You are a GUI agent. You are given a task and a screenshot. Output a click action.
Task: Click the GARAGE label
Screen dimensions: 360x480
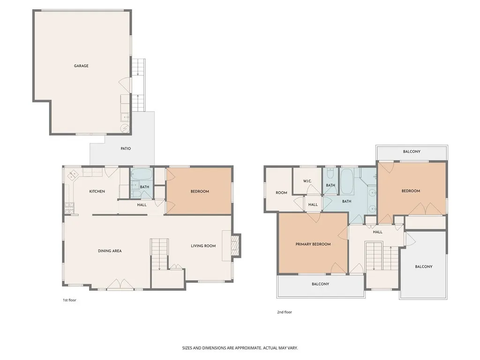pos(81,66)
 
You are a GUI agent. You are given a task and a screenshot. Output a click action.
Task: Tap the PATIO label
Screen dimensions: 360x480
pos(125,149)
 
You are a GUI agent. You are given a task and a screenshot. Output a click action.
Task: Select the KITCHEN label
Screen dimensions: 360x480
pos(97,191)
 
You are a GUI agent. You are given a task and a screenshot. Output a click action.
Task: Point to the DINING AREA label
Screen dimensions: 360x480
pos(110,251)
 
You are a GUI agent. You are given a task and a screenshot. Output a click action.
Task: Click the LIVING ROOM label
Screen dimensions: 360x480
pos(203,246)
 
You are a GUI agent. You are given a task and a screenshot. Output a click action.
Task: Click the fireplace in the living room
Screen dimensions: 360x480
pos(236,246)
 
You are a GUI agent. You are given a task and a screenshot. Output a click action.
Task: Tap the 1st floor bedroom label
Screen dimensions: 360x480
pos(200,191)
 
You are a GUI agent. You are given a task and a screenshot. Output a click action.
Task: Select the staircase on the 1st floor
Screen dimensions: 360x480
pos(159,254)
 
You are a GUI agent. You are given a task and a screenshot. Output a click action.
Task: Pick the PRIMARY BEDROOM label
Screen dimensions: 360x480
pos(313,244)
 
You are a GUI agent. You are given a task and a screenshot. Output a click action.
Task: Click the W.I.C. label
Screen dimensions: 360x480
pos(307,181)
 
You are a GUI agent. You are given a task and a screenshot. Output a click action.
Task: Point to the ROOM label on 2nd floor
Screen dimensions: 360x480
pos(281,193)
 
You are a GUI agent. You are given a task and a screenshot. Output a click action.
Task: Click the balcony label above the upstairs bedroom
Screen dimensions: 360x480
pos(412,151)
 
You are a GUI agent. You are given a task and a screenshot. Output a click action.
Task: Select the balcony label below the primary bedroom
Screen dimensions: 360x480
pos(321,284)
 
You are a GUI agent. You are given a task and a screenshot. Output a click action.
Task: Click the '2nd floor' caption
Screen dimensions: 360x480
pos(284,312)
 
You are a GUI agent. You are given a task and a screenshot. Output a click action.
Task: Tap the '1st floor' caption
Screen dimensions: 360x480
pos(69,300)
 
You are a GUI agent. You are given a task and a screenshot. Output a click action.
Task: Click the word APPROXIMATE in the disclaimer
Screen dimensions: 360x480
pos(244,348)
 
